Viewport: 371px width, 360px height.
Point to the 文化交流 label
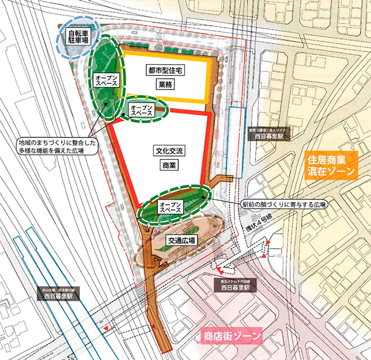[x=165, y=151]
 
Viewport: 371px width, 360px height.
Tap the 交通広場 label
[x=181, y=241]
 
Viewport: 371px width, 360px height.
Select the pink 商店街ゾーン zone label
[x=235, y=337]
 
